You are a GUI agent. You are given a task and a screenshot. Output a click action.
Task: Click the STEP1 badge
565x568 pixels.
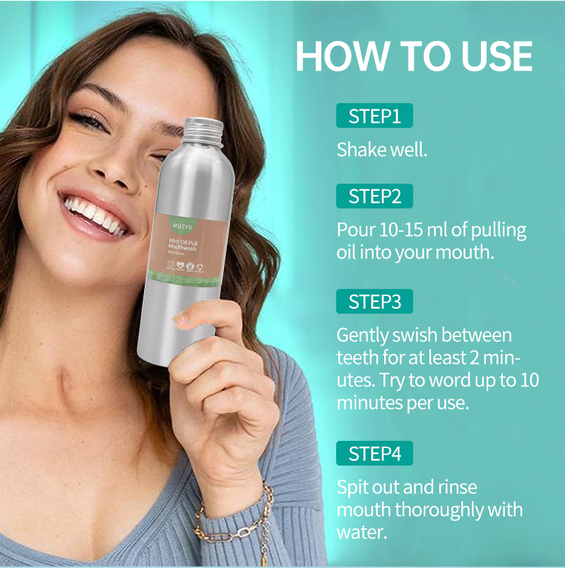(x=374, y=116)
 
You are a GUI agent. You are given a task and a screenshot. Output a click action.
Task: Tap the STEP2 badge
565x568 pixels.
(x=374, y=196)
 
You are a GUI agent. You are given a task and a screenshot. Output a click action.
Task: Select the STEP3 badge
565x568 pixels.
(x=374, y=302)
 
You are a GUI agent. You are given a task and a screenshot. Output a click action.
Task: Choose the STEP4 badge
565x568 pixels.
(x=374, y=454)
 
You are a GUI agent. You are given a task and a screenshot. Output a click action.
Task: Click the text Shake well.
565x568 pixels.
(x=381, y=150)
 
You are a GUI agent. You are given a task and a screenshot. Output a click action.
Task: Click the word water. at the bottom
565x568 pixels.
(x=362, y=531)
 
